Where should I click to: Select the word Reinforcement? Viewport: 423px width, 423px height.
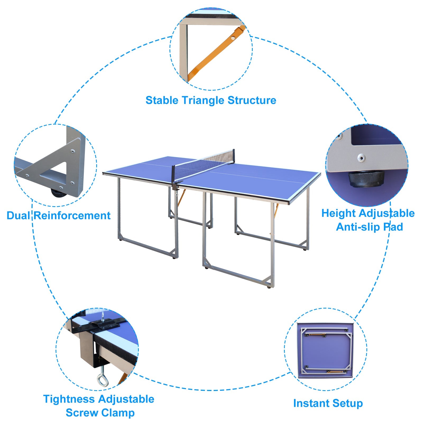coord(72,215)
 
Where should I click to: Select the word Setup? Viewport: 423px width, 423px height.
coord(348,403)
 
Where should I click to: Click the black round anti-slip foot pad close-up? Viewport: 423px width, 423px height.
coord(366,179)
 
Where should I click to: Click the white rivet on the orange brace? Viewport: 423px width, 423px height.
coord(233,38)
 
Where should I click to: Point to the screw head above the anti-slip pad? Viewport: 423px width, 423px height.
coord(361,158)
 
